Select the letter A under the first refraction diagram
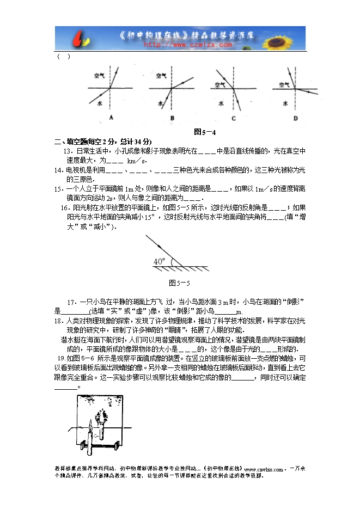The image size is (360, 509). [111, 118]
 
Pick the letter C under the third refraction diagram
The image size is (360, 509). [234, 118]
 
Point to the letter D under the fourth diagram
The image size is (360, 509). [295, 118]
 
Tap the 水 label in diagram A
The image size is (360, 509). [100, 102]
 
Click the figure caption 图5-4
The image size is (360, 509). [205, 131]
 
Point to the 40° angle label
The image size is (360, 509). [158, 262]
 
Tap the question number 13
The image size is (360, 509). [68, 151]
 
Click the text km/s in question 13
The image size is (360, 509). [137, 161]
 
